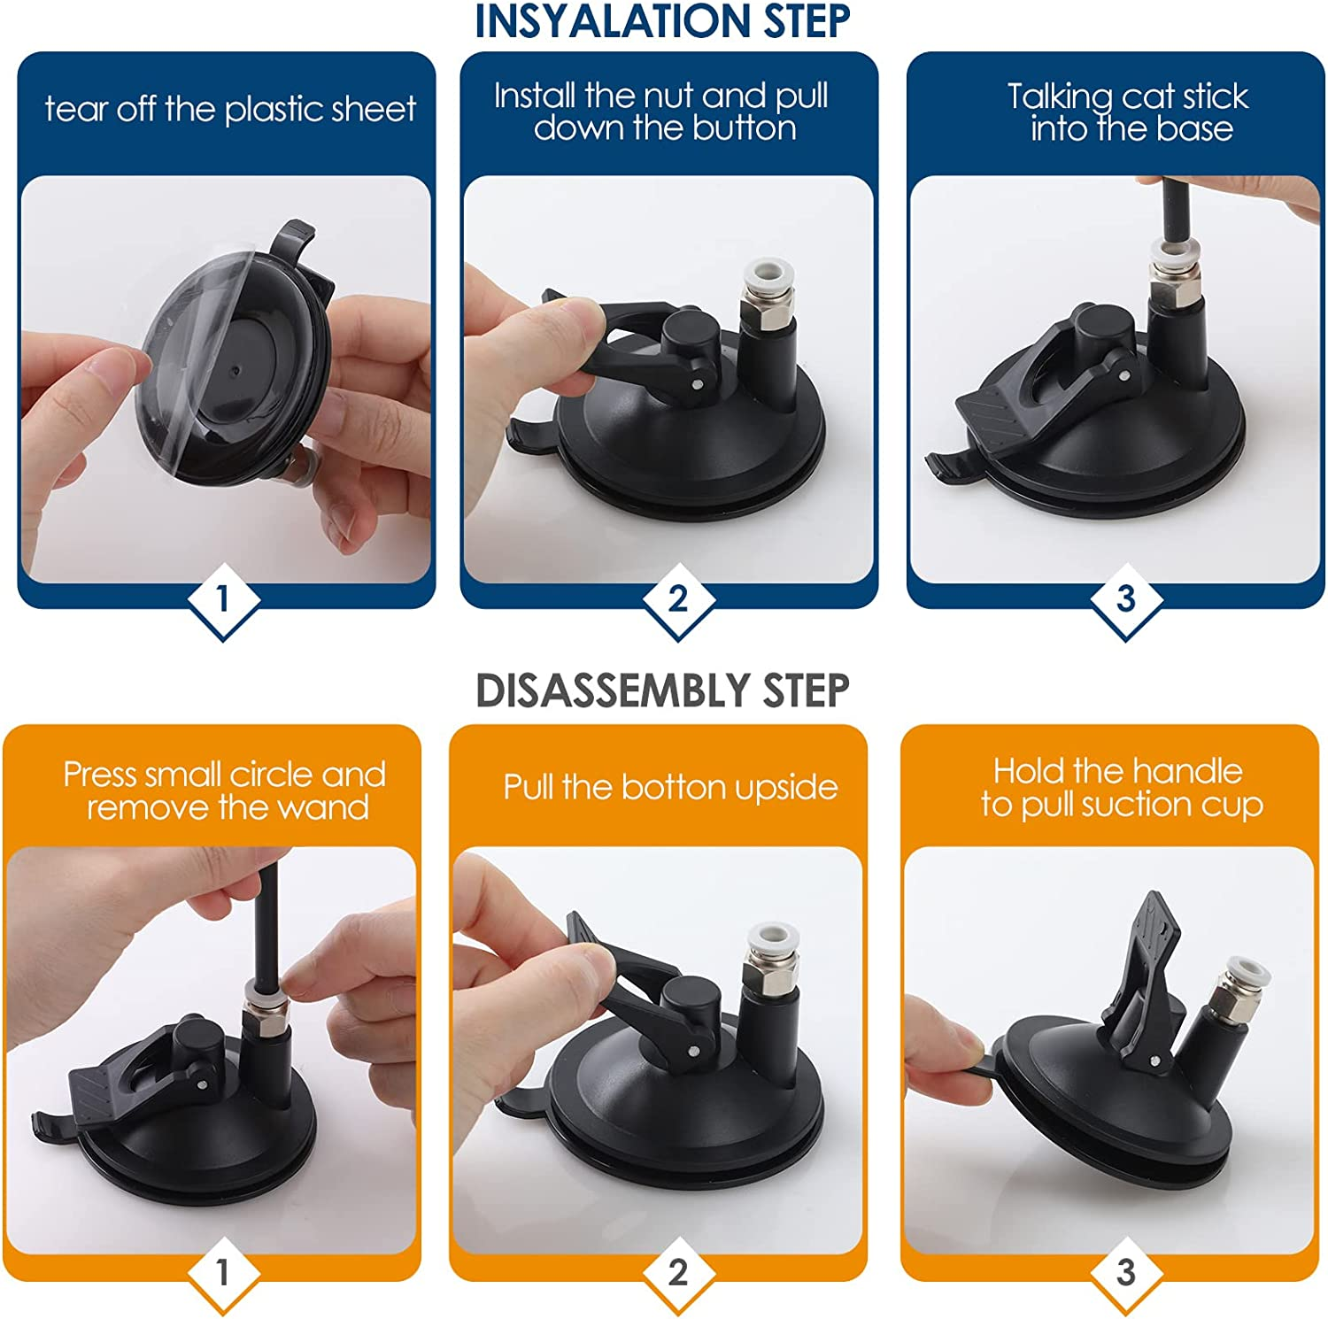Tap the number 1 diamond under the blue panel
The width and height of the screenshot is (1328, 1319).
tap(223, 600)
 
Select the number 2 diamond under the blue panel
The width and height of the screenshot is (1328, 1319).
tap(678, 600)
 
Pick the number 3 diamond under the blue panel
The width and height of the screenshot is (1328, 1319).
tap(1125, 600)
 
